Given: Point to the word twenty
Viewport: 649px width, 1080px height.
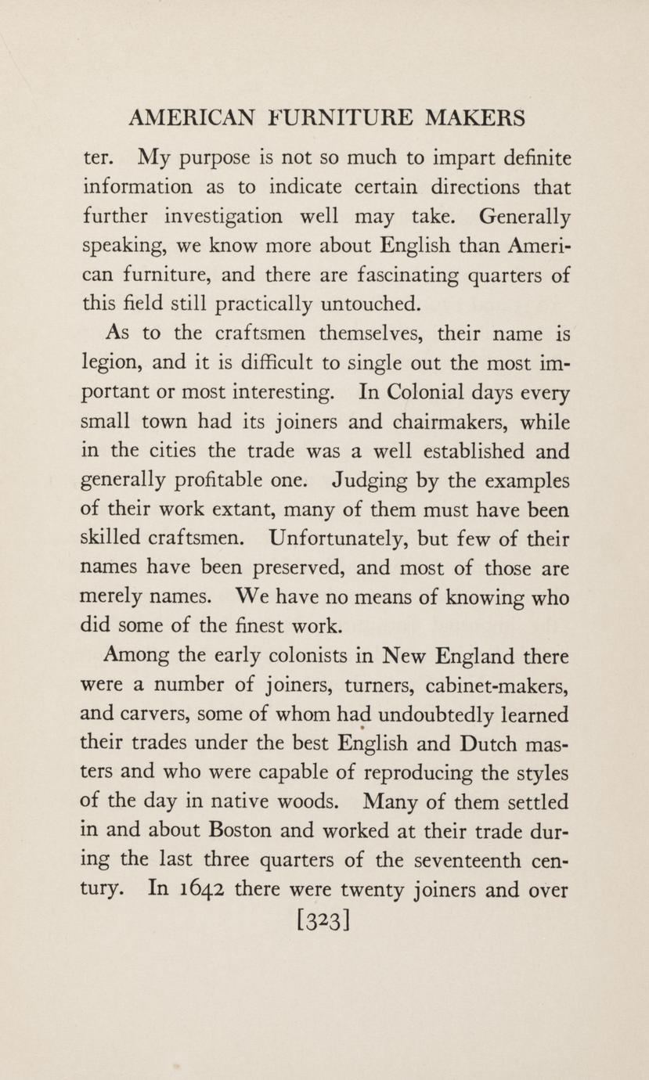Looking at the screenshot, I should click(x=377, y=889).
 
